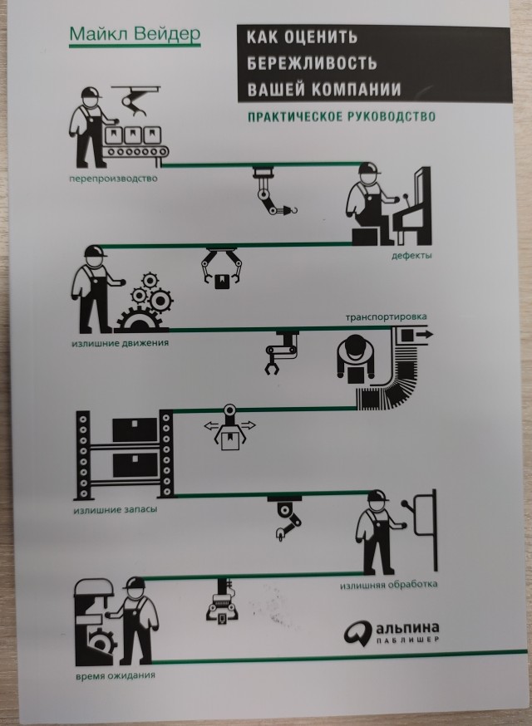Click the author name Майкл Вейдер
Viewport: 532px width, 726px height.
(135, 35)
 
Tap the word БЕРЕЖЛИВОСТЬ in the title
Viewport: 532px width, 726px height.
(312, 62)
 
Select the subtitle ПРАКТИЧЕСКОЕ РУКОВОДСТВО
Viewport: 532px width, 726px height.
(341, 116)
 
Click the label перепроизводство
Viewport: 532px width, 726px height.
(113, 179)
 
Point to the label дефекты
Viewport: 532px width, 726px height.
(411, 255)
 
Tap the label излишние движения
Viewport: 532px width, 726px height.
(120, 343)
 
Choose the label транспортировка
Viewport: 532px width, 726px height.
(386, 317)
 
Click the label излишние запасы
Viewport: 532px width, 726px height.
(116, 510)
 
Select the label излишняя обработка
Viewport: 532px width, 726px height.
(389, 584)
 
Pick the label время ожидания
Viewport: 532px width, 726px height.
(116, 675)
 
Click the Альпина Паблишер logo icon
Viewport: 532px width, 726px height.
(357, 632)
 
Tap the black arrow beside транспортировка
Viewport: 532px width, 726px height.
(424, 334)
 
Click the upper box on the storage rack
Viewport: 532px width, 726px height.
(135, 429)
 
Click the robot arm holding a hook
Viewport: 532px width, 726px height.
(273, 193)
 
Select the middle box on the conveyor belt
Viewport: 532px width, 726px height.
(133, 135)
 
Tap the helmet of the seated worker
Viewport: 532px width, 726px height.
(368, 168)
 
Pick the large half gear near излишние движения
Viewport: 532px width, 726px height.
(141, 320)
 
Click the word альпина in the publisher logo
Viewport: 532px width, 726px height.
(407, 628)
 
